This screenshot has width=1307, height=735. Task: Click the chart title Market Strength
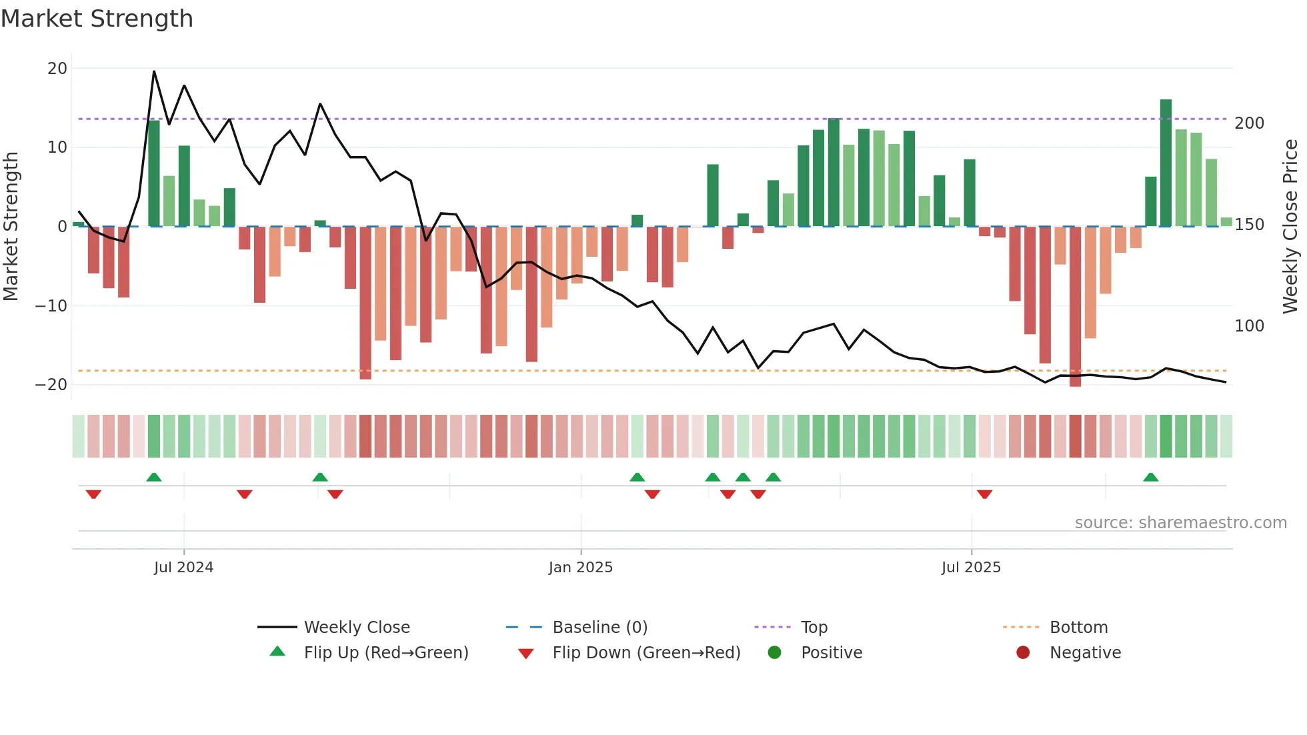pyautogui.click(x=97, y=19)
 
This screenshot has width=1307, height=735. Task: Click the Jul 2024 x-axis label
pyautogui.click(x=183, y=568)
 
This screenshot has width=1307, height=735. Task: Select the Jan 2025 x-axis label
pyautogui.click(x=580, y=568)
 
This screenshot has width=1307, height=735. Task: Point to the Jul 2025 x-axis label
pyautogui.click(x=971, y=568)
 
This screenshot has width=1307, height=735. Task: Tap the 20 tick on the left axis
pyautogui.click(x=57, y=69)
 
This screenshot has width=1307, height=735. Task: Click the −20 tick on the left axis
pyautogui.click(x=51, y=385)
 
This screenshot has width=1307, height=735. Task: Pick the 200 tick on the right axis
pyautogui.click(x=1249, y=123)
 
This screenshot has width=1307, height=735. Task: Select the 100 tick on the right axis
pyautogui.click(x=1249, y=326)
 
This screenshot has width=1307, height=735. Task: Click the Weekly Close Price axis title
pyautogui.click(x=1290, y=227)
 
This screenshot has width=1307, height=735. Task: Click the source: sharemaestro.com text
pyautogui.click(x=1180, y=523)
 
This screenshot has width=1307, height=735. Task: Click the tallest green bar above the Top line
pyautogui.click(x=1166, y=163)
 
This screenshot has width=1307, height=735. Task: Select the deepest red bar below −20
pyautogui.click(x=1075, y=307)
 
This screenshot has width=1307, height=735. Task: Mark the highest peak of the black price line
pyautogui.click(x=154, y=71)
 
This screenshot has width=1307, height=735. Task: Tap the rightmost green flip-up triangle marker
pyautogui.click(x=1150, y=477)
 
